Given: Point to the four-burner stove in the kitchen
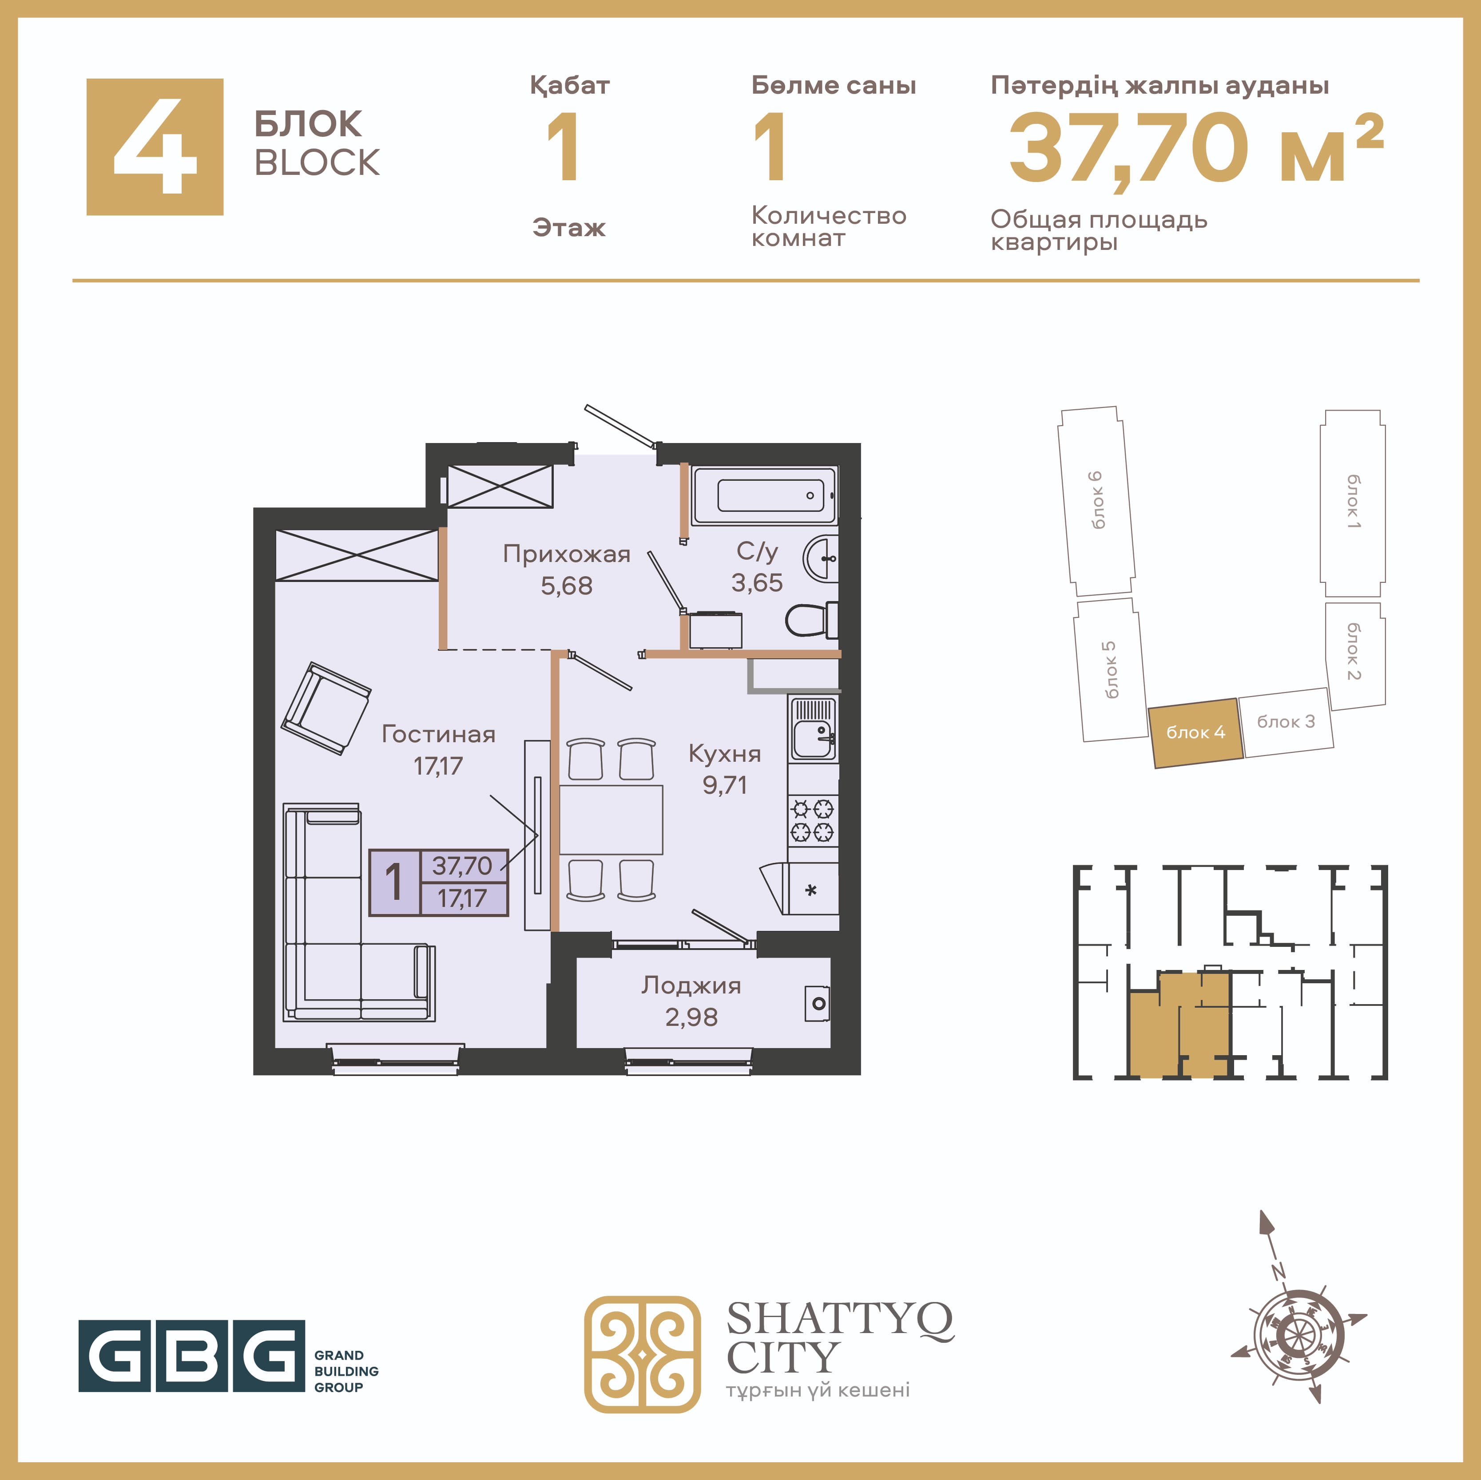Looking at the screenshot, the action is coord(813,820).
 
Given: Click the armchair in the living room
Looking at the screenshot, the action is coord(326,708).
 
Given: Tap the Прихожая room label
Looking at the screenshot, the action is coord(567,554).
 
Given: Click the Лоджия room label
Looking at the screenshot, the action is coord(691,985).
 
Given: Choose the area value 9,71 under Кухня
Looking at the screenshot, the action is coord(724,785).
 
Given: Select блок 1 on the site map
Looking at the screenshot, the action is coord(1352,503).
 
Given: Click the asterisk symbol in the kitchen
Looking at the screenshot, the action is coord(811,890).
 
